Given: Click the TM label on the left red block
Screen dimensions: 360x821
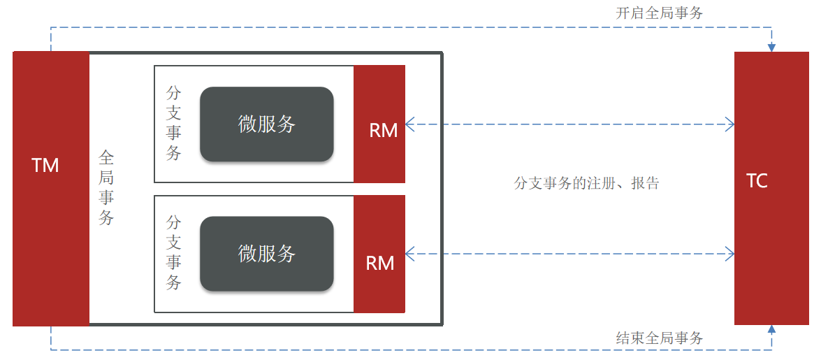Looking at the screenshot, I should pyautogui.click(x=45, y=166).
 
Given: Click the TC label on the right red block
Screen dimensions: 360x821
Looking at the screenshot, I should pyautogui.click(x=757, y=181).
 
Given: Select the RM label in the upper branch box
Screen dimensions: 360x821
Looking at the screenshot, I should pyautogui.click(x=383, y=131).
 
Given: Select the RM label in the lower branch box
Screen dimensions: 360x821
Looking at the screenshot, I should pyautogui.click(x=380, y=263).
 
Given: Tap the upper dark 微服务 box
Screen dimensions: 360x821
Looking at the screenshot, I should pyautogui.click(x=267, y=124).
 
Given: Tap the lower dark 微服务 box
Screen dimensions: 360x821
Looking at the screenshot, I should pyautogui.click(x=267, y=254).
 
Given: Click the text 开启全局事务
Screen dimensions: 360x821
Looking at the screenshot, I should pyautogui.click(x=659, y=13).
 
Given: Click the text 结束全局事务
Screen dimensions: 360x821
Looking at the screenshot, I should pyautogui.click(x=659, y=338).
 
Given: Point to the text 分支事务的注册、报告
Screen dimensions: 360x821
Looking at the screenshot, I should pyautogui.click(x=586, y=184).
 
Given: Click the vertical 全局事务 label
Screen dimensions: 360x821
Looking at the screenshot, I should pyautogui.click(x=106, y=187).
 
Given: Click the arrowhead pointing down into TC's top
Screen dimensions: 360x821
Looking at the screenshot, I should pyautogui.click(x=771, y=47).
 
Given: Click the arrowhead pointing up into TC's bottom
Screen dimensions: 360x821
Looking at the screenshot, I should pyautogui.click(x=771, y=330).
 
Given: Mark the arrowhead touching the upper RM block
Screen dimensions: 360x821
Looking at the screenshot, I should pyautogui.click(x=410, y=124).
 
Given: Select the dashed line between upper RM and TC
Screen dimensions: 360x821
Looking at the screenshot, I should pyautogui.click(x=569, y=124).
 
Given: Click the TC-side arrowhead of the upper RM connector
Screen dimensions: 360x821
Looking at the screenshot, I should pyautogui.click(x=730, y=124).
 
